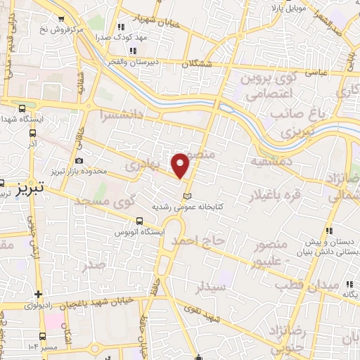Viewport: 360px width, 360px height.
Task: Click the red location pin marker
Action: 181,165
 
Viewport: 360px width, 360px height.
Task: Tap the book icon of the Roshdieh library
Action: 186,195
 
